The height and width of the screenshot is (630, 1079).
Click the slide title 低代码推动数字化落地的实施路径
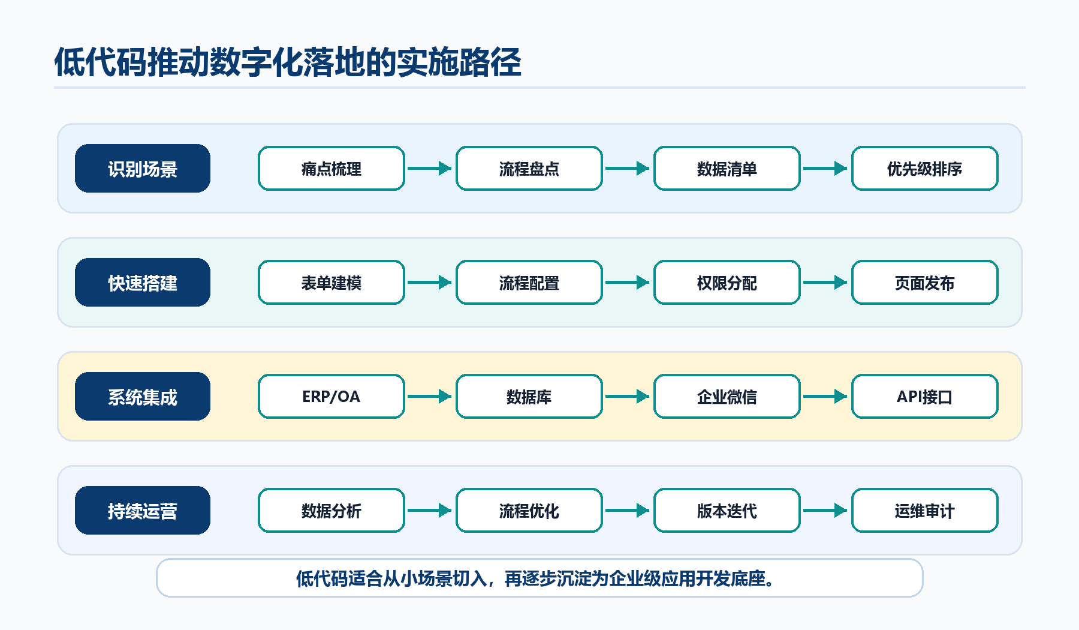[x=288, y=62]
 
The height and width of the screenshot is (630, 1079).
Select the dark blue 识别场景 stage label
[x=143, y=169]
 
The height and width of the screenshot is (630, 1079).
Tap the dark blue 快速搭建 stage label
[x=143, y=283]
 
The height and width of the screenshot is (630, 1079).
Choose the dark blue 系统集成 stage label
[x=143, y=397]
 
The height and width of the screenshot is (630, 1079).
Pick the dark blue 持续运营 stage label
[x=143, y=511]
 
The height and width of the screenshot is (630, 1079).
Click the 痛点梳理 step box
[x=331, y=169]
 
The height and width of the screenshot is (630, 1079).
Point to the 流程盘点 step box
[x=529, y=169]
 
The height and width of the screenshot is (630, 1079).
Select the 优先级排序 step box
[x=925, y=169]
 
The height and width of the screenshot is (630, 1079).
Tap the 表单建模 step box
[x=331, y=283]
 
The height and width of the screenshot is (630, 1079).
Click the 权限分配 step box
[x=727, y=283]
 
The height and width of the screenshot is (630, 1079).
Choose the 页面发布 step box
[x=925, y=283]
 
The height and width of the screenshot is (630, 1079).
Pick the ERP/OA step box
[x=331, y=397]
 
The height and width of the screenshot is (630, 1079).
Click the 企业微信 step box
[x=727, y=397]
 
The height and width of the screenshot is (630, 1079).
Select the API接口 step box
[x=925, y=397]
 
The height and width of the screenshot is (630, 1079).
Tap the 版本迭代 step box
[x=727, y=511]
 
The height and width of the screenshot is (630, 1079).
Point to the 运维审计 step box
[x=925, y=511]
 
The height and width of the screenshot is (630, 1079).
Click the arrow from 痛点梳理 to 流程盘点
[x=430, y=169]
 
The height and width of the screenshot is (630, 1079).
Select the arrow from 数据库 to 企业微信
[x=628, y=397]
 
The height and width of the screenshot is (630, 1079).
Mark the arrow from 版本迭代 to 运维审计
[x=825, y=511]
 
